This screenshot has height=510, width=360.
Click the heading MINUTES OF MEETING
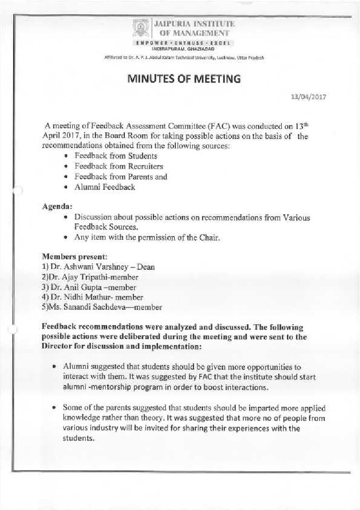[184, 79]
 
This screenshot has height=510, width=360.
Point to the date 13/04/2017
[309, 97]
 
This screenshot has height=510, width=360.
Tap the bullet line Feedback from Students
[116, 156]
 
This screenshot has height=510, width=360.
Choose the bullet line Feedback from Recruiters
[118, 166]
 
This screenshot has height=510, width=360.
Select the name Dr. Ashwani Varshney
[85, 267]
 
